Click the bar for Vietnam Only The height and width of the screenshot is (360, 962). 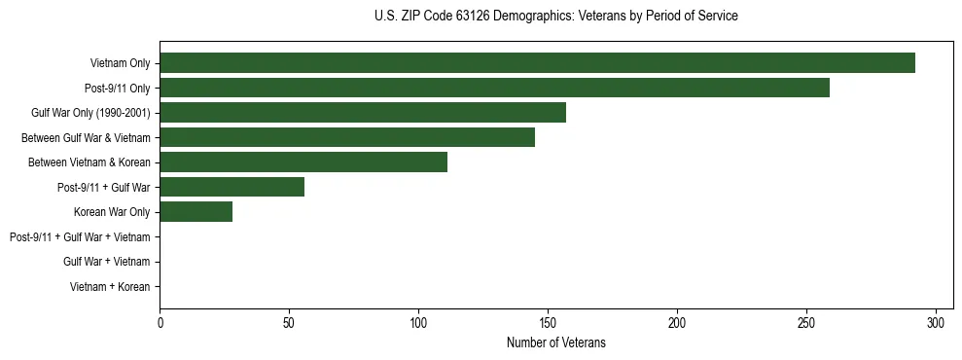point(537,63)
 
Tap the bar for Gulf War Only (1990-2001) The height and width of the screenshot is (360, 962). point(363,113)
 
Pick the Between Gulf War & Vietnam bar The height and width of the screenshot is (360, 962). point(347,137)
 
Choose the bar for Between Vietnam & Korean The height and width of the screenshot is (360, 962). point(303,162)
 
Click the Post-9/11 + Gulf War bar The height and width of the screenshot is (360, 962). point(232,187)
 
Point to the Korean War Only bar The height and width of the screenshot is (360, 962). point(196,212)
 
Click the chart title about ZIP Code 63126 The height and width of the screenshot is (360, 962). point(555,17)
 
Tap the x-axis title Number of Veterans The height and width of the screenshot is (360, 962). point(555,342)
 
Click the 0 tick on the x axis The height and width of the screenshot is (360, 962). point(160,323)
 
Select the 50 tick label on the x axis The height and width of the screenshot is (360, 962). point(289,323)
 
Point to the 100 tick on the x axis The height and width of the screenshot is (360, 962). point(418,323)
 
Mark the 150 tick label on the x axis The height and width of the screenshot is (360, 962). point(548,323)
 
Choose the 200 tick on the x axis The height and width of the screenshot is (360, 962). point(677,323)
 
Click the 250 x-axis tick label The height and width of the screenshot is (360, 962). point(806,323)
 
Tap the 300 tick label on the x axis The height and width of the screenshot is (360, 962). point(936,323)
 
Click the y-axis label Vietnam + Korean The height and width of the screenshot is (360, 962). point(110,286)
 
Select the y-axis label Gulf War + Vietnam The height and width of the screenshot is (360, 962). point(106,262)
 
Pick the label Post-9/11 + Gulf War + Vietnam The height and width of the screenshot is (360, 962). point(80,236)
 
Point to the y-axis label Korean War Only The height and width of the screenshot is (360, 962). point(112,212)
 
